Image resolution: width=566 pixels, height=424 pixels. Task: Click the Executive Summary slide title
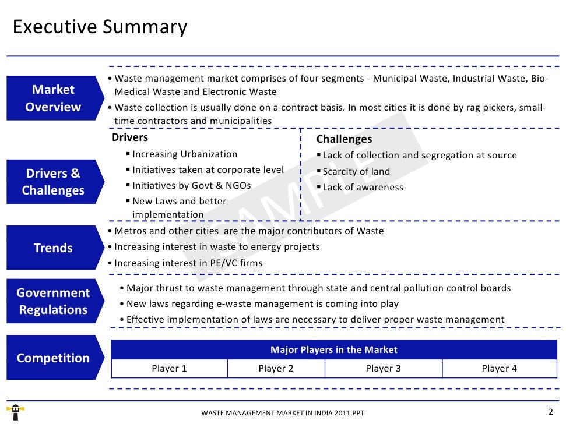[100, 27]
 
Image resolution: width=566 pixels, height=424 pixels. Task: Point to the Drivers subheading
[129, 137]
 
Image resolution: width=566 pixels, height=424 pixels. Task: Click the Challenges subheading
[344, 139]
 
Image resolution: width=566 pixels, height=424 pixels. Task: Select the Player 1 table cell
[169, 368]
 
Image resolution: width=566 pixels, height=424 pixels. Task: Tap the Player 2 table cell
[276, 368]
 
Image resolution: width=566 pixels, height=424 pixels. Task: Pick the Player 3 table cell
[383, 368]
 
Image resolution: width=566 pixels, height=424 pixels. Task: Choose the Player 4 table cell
[499, 368]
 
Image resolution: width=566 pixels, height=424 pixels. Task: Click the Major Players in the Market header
[333, 349]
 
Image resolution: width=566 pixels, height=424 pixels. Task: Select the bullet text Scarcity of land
[356, 171]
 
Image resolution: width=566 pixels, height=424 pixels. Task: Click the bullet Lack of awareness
[363, 187]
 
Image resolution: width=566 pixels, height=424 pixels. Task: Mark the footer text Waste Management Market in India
[283, 413]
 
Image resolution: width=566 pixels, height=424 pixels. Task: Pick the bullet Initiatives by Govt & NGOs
[191, 185]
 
